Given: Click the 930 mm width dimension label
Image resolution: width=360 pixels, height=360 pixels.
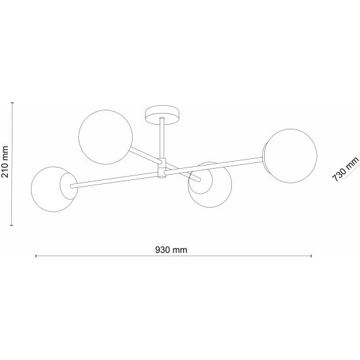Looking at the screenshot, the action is pyautogui.click(x=171, y=250).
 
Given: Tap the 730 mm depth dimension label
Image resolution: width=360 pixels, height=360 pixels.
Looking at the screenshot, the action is pyautogui.click(x=346, y=169).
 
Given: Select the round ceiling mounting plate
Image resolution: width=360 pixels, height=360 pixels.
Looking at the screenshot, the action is pyautogui.click(x=162, y=115).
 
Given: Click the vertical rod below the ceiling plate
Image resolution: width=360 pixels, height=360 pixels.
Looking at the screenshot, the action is pyautogui.click(x=162, y=139).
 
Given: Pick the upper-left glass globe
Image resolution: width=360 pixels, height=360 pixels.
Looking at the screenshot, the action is pyautogui.click(x=105, y=137).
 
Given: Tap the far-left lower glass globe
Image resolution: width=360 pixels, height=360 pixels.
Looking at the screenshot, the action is pyautogui.click(x=53, y=189).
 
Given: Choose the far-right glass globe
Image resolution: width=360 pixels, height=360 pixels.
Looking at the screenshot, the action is pyautogui.click(x=290, y=156).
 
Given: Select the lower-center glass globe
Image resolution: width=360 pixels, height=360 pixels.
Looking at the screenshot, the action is pyautogui.click(x=210, y=185).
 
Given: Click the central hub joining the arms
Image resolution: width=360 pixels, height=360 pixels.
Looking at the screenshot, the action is pyautogui.click(x=162, y=168).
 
